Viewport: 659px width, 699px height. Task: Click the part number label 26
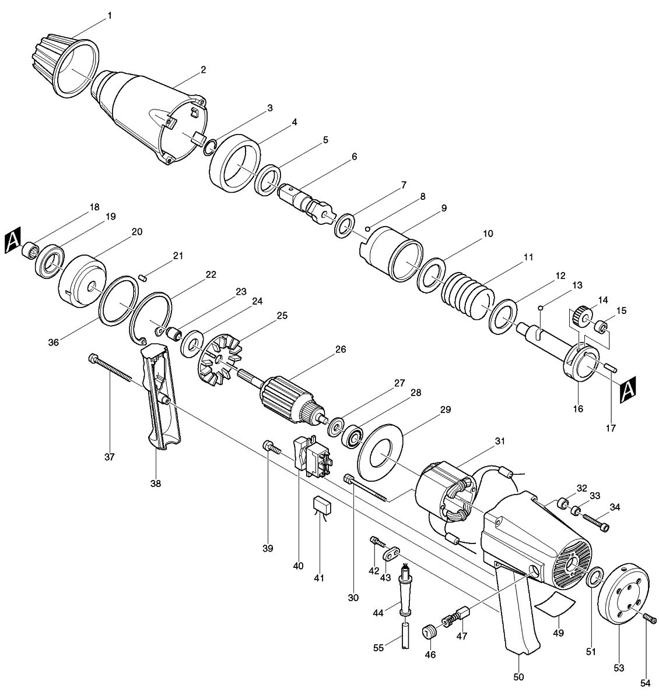point(341,349)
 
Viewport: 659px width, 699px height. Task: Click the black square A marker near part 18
point(13,240)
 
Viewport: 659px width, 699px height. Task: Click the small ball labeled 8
point(367,229)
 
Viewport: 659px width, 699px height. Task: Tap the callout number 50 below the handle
point(518,676)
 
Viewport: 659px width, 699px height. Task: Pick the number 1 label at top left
point(110,16)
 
